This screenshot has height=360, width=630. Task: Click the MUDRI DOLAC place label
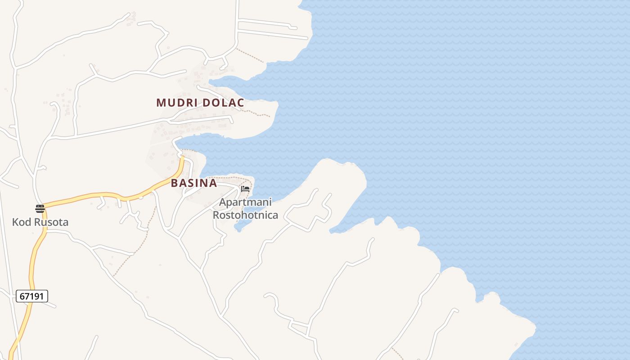[200, 103]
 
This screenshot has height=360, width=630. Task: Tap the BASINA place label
[194, 184]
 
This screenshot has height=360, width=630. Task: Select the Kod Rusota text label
[40, 222]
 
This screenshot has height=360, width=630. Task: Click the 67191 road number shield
[32, 296]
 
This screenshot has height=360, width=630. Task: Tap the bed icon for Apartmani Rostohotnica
[245, 189]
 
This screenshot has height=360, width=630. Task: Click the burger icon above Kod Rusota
[40, 208]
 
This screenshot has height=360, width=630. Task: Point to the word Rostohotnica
[245, 215]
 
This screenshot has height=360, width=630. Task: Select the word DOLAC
[223, 103]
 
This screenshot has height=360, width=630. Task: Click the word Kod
[21, 222]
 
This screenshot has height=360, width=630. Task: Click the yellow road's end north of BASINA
[182, 158]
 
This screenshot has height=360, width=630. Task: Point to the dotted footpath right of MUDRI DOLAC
[258, 113]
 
